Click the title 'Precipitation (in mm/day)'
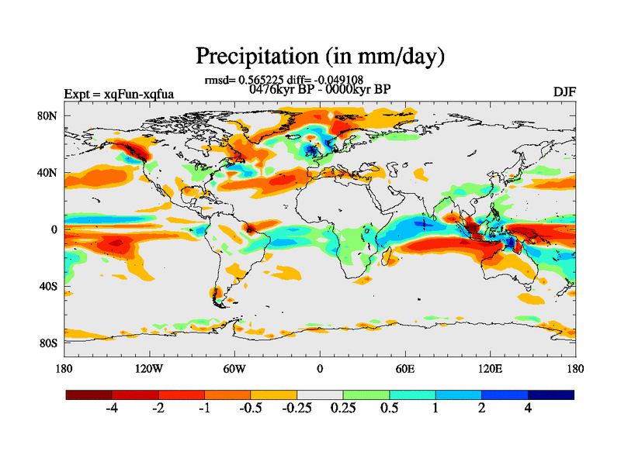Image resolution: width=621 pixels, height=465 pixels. pyautogui.click(x=319, y=56)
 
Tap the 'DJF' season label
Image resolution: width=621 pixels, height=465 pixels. pyautogui.click(x=564, y=91)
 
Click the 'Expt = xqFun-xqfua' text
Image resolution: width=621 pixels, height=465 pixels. pyautogui.click(x=119, y=95)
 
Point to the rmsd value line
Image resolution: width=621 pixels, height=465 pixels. pyautogui.click(x=283, y=79)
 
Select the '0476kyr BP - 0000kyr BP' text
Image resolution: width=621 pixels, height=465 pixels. pyautogui.click(x=319, y=88)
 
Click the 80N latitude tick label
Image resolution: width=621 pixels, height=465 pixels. pyautogui.click(x=50, y=115)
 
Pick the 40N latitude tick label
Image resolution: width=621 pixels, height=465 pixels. pyautogui.click(x=50, y=172)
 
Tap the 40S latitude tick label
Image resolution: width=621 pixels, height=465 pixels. pyautogui.click(x=50, y=286)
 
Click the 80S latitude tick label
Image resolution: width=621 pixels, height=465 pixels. pyautogui.click(x=50, y=343)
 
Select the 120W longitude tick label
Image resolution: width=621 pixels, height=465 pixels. pyautogui.click(x=148, y=368)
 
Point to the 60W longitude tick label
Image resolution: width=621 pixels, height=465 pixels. pyautogui.click(x=234, y=368)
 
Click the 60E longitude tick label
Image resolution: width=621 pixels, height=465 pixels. pyautogui.click(x=404, y=368)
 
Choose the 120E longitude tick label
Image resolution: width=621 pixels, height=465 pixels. pyautogui.click(x=490, y=368)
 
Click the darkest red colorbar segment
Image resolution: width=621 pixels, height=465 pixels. pyautogui.click(x=89, y=394)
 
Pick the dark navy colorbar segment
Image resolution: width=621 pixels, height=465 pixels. pyautogui.click(x=551, y=394)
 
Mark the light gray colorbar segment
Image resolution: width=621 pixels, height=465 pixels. pyautogui.click(x=320, y=394)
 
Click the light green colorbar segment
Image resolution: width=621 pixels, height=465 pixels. pyautogui.click(x=366, y=394)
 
